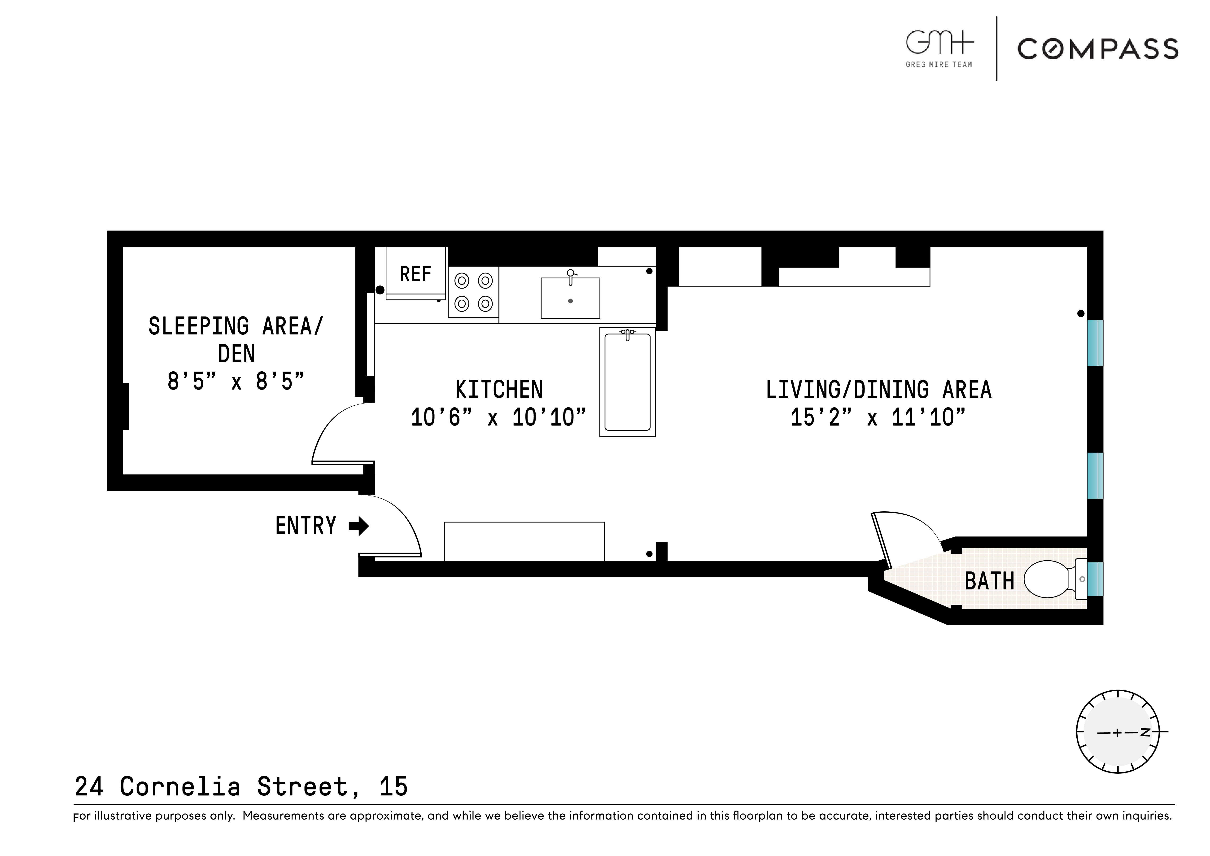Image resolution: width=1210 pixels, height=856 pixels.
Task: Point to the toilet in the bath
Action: pos(1049,579)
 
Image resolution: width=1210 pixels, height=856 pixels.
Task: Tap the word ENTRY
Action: pos(306,526)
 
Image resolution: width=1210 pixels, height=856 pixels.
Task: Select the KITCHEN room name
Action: pos(498,390)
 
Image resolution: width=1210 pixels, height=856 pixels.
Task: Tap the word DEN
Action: pos(236,354)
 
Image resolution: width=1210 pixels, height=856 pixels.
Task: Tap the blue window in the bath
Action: pos(1095,579)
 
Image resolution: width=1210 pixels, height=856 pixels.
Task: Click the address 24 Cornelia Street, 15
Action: pos(241,786)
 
